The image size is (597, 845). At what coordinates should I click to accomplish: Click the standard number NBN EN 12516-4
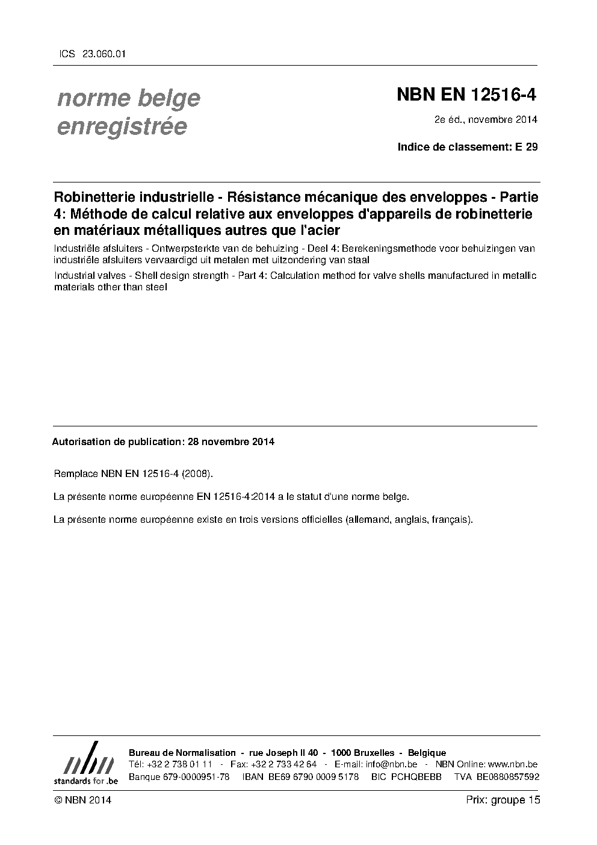point(466,95)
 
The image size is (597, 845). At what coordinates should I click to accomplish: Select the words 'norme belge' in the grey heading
point(129,98)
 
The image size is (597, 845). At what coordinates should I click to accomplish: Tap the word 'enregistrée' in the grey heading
point(122,126)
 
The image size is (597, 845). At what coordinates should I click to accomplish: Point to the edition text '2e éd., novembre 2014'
point(486,119)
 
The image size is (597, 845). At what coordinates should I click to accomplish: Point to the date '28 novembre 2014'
point(231,441)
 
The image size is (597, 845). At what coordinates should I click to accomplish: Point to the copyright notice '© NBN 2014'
point(82,800)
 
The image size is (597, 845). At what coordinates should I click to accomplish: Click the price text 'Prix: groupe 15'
point(503,800)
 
